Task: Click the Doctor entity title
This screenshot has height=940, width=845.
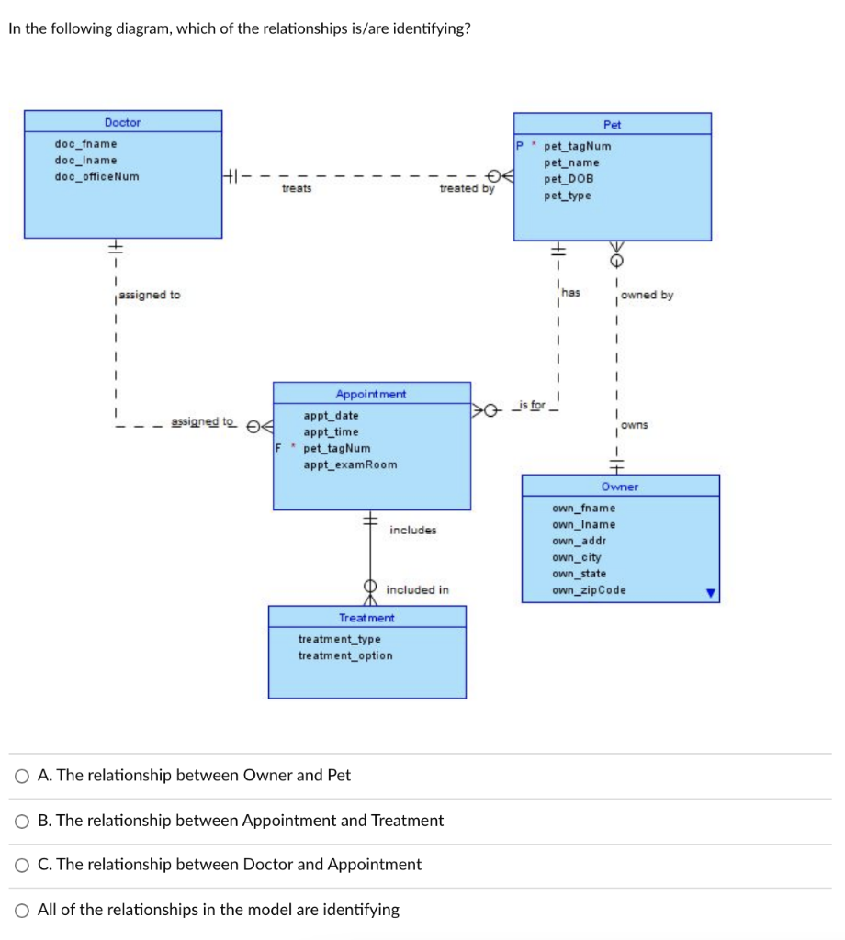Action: tap(122, 122)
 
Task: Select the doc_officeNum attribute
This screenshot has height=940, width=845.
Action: tap(97, 176)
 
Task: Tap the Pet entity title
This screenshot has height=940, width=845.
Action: tap(612, 124)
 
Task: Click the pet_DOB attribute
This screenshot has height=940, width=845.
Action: tap(569, 179)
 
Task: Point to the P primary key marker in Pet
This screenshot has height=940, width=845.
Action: tap(519, 146)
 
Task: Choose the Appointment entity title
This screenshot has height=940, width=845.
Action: tap(371, 394)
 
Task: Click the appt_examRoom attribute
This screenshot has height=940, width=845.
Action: tap(350, 464)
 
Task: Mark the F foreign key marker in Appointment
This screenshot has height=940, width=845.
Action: tap(279, 449)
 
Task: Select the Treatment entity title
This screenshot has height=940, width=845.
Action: tap(366, 618)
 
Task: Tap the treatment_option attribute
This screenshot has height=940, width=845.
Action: tap(344, 655)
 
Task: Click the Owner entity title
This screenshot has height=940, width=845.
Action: tap(620, 487)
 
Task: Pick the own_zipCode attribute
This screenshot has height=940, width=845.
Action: tap(589, 590)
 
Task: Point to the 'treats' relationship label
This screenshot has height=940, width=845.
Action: tap(297, 188)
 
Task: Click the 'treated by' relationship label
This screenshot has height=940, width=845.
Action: tap(467, 188)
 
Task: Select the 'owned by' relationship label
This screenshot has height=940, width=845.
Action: tap(647, 295)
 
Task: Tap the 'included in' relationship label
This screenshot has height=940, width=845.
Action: tap(418, 589)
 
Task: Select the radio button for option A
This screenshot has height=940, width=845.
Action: tap(22, 776)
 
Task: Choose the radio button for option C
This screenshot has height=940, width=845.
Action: tap(22, 865)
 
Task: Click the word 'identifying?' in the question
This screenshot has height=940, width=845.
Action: tap(430, 28)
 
